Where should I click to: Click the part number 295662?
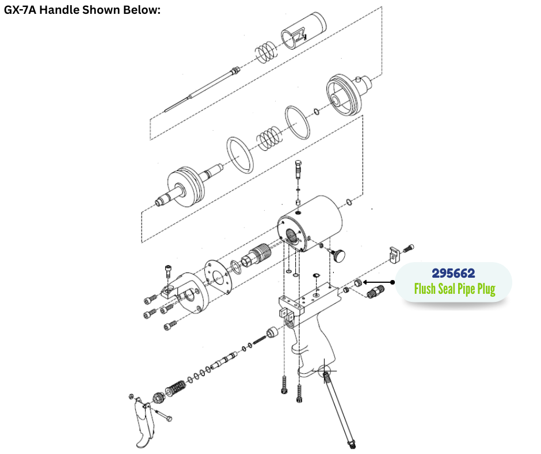tap(453, 273)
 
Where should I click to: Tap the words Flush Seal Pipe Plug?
tap(455, 289)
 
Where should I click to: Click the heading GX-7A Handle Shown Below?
tap(82, 10)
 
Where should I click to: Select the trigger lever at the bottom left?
tap(144, 423)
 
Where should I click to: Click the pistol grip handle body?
tap(313, 346)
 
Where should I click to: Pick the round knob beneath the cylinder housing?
tap(338, 255)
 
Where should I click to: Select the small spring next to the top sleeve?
tap(266, 53)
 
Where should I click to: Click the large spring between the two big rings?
tap(268, 138)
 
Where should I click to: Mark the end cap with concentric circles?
tap(348, 94)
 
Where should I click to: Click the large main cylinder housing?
tap(311, 223)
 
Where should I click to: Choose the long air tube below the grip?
tap(339, 408)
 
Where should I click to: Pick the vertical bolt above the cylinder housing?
tap(299, 169)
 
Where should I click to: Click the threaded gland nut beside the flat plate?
tap(256, 256)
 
